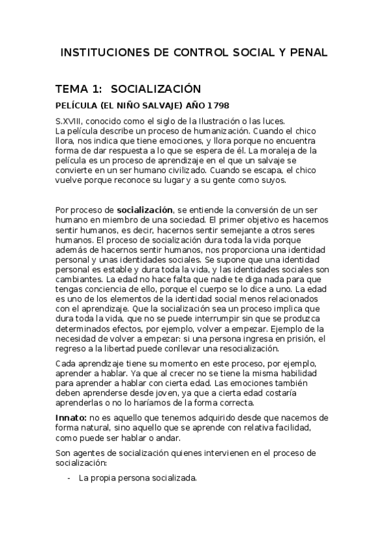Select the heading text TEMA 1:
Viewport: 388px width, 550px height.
[78, 88]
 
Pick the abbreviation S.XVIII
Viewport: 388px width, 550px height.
[71, 121]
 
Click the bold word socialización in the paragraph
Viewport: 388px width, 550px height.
[144, 210]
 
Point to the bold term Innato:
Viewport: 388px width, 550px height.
[71, 417]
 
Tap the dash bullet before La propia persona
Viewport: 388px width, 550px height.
[69, 479]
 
